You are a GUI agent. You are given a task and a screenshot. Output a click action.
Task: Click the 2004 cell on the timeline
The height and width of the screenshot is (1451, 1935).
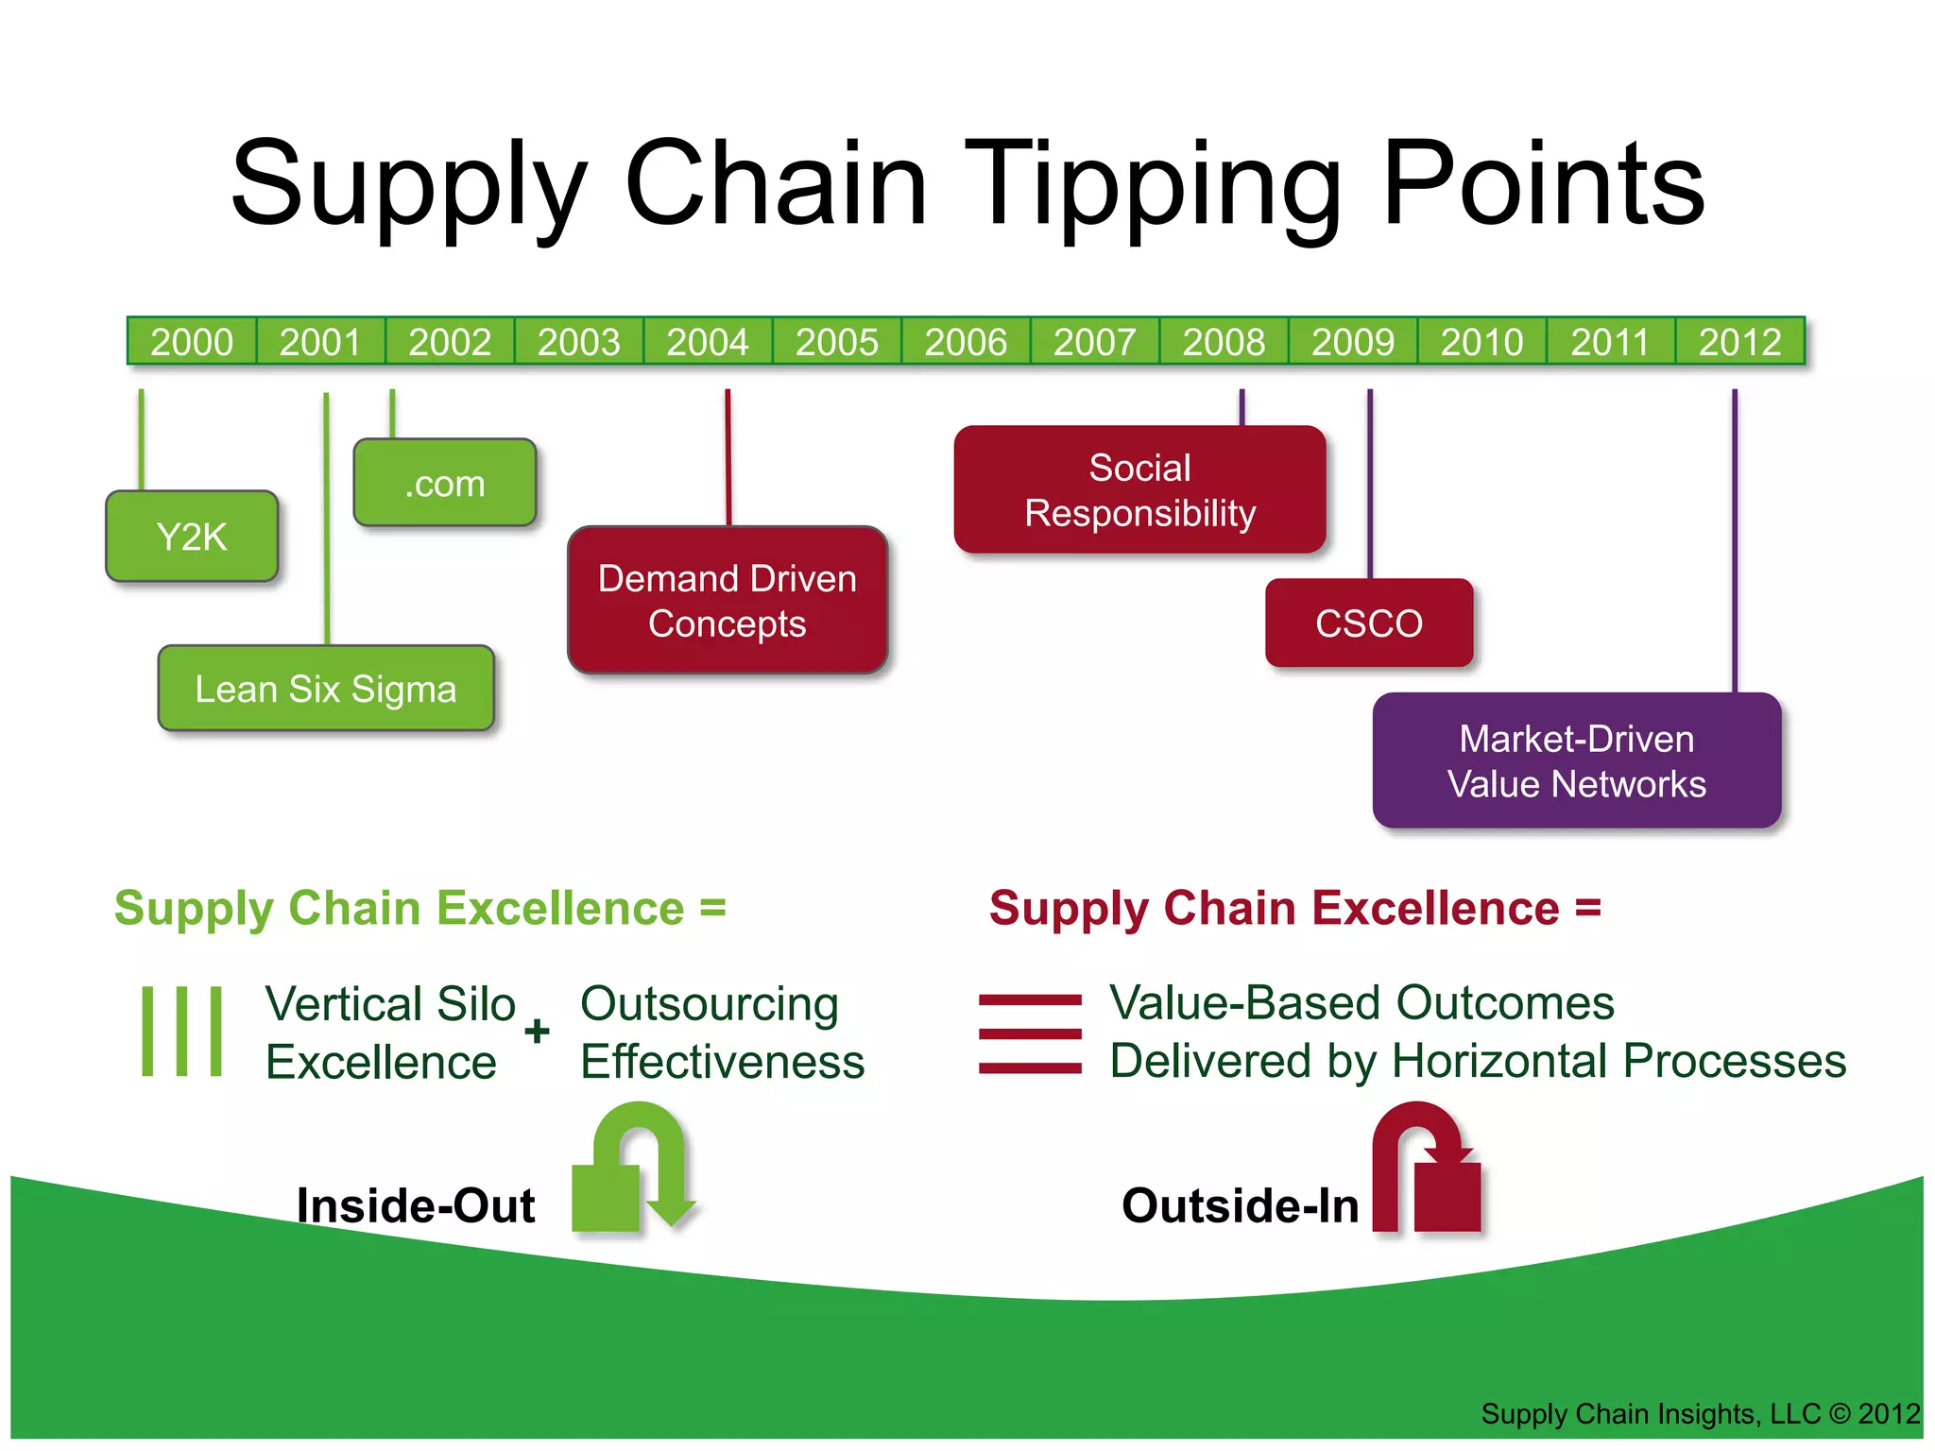708,342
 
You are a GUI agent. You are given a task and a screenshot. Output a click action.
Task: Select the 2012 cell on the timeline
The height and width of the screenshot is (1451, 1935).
1739,342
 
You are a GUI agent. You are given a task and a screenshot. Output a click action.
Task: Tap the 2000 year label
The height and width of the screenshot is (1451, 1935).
192,342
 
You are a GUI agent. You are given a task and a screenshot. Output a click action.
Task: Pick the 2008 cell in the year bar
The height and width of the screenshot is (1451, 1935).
1224,342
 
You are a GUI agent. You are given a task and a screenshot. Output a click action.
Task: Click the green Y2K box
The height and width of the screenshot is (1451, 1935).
192,537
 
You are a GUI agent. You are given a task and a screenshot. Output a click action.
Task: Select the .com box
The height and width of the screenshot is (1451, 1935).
445,484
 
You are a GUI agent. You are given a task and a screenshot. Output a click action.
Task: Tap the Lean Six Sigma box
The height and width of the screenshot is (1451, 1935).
326,689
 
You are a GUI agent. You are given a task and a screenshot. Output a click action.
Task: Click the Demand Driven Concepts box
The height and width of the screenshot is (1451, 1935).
728,601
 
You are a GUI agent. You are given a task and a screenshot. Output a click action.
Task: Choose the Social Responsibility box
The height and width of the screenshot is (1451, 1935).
1140,490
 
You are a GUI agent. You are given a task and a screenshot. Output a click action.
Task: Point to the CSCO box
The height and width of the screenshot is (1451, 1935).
1369,623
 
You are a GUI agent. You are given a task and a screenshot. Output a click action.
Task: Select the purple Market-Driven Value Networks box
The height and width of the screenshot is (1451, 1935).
1577,761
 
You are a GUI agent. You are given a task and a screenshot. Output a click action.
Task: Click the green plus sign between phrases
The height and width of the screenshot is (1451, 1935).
537,1031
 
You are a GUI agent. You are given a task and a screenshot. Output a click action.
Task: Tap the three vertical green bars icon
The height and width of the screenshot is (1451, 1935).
181,1031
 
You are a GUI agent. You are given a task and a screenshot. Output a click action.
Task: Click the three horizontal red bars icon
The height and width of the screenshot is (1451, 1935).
1030,1033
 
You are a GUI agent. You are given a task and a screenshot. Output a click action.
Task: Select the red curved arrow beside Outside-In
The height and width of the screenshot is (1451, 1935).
1426,1171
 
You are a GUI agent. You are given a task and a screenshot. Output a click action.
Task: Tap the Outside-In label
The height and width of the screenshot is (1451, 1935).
1240,1206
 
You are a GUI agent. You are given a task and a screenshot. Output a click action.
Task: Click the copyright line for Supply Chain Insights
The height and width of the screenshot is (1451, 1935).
1700,1414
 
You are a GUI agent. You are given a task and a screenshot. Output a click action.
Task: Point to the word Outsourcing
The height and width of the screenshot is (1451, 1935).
710,1004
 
